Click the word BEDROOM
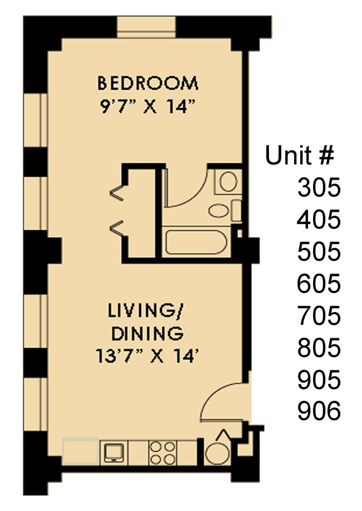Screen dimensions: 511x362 [x=147, y=84]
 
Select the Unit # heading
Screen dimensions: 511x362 [x=300, y=155]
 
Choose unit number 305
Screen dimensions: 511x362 [x=318, y=188]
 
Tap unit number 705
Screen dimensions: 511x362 [x=318, y=317]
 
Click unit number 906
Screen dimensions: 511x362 [x=318, y=412]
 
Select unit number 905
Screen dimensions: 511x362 [x=318, y=381]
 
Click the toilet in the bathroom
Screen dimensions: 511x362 [x=228, y=182]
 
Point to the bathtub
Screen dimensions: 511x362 [x=195, y=244]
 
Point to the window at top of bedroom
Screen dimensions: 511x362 [x=147, y=27]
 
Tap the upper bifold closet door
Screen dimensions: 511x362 [x=118, y=192]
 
